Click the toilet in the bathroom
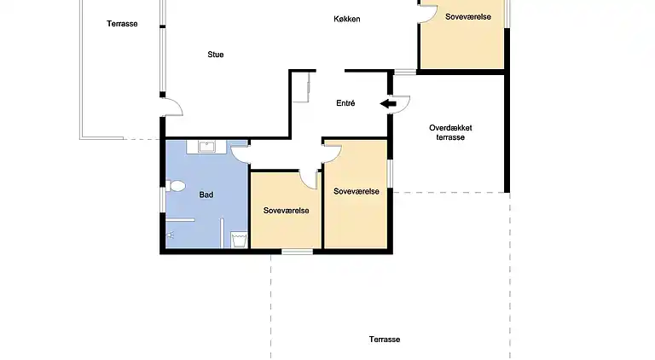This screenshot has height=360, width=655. (177, 185)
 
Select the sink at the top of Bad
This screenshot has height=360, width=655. (206, 147)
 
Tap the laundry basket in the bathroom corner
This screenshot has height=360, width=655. (239, 240)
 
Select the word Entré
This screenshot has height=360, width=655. (345, 103)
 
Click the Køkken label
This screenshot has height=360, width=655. (346, 19)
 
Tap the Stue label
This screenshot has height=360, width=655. (216, 55)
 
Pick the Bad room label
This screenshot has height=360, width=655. (206, 195)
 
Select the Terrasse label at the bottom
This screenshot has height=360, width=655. (385, 339)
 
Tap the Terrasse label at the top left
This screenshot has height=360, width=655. (122, 24)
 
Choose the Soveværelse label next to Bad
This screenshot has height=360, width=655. (286, 210)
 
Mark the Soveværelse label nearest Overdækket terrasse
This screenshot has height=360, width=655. (356, 191)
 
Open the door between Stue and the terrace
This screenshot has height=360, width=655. (173, 107)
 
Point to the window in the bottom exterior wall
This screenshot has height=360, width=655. (297, 251)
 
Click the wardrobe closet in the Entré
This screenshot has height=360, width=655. (300, 87)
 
